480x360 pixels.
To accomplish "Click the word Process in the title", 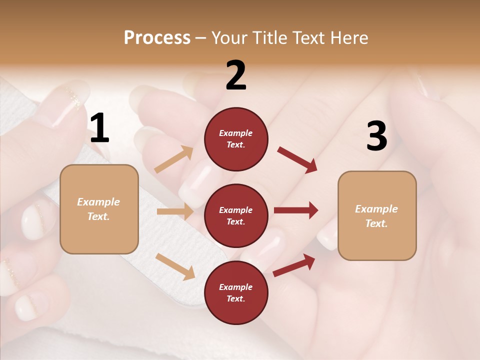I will (x=157, y=38).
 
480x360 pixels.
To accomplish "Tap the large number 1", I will (x=99, y=128).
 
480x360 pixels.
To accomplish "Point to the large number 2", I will (x=236, y=75).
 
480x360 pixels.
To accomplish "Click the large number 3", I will (x=376, y=136).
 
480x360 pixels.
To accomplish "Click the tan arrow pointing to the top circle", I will (x=174, y=159).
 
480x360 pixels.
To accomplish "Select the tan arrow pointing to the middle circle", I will (x=175, y=211).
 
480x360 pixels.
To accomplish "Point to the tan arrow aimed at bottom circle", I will (x=175, y=266).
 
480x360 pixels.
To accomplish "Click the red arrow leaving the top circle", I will (x=297, y=160).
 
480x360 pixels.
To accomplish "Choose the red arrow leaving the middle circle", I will (x=296, y=210).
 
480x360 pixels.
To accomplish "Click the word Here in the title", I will (x=348, y=38).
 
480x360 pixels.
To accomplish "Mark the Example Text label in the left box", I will (x=98, y=209).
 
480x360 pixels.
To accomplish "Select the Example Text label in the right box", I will (x=376, y=216).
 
